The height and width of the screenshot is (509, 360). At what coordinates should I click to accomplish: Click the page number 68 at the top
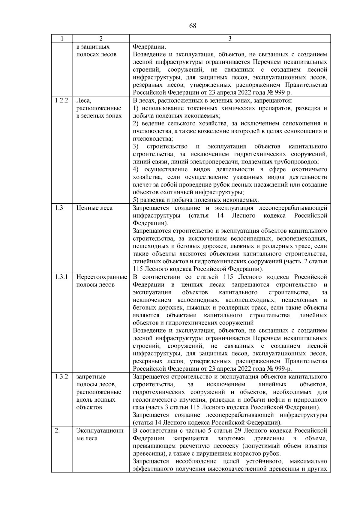[x=193, y=26]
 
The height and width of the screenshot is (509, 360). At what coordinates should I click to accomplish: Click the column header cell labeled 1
[x=62, y=39]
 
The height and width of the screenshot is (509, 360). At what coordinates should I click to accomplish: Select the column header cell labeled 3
[x=230, y=39]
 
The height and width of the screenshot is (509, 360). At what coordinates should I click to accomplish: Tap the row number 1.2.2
[x=62, y=100]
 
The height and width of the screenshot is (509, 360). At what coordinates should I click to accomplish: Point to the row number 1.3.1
[x=62, y=277]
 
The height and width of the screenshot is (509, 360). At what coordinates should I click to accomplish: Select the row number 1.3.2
[x=62, y=377]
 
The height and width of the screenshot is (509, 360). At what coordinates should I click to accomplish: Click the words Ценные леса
[x=94, y=208]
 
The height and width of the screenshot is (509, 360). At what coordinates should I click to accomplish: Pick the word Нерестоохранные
[x=101, y=277]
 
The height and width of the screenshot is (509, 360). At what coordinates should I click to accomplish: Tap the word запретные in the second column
[x=91, y=377]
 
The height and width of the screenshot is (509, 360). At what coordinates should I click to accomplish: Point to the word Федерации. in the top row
[x=149, y=47]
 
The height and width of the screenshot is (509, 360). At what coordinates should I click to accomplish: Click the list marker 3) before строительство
[x=136, y=146]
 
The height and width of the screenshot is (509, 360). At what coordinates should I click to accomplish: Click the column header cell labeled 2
[x=101, y=39]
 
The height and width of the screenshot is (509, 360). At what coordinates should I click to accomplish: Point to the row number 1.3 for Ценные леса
[x=59, y=208]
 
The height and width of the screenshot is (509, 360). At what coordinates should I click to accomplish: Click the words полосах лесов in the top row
[x=96, y=55]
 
